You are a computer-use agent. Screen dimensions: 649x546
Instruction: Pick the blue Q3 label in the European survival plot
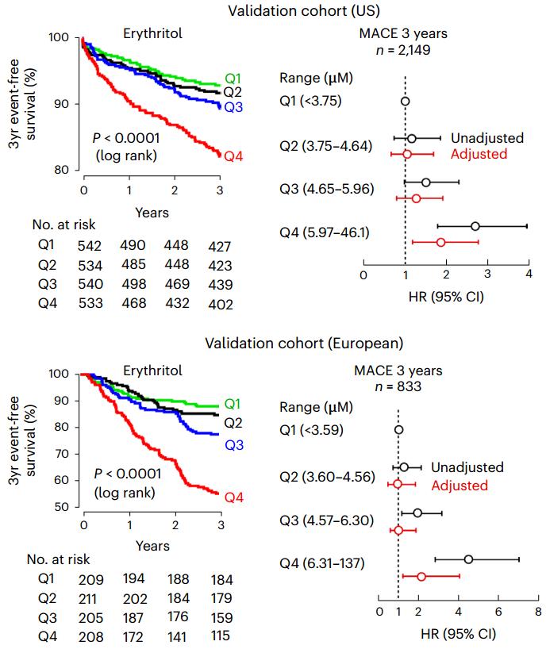pyautogui.click(x=233, y=445)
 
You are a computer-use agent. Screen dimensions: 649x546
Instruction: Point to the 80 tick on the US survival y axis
pyautogui.click(x=70, y=170)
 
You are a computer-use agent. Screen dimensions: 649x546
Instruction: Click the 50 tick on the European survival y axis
pyautogui.click(x=70, y=507)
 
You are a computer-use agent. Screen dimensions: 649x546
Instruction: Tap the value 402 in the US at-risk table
pyautogui.click(x=220, y=305)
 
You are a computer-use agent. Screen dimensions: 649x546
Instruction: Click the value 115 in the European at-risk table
pyautogui.click(x=220, y=636)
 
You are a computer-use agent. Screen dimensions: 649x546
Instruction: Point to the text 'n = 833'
pyautogui.click(x=398, y=387)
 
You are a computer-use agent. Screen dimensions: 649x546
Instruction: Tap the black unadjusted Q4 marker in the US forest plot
pyautogui.click(x=475, y=226)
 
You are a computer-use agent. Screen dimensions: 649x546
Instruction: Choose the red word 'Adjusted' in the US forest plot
pyautogui.click(x=479, y=154)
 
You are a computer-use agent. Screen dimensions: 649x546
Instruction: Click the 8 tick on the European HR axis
pyautogui.click(x=538, y=612)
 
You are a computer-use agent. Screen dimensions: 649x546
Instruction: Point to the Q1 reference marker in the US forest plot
pyautogui.click(x=405, y=102)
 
